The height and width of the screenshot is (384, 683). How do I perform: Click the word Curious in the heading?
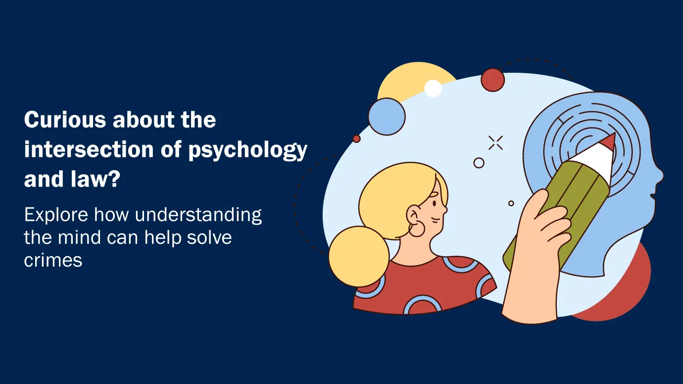point(65,119)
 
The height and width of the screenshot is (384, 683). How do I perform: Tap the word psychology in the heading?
point(247,150)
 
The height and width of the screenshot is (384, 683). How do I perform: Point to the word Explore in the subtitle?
point(56,215)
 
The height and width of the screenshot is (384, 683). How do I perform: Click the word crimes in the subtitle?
point(53,261)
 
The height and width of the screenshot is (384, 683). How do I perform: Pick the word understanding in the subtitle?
point(198,215)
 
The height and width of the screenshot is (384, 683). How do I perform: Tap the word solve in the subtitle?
point(209,237)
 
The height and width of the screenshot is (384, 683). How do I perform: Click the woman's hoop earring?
point(417,229)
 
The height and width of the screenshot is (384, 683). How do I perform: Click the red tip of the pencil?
point(608,142)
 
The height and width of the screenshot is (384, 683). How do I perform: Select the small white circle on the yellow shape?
point(433,89)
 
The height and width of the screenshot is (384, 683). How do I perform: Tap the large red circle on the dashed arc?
point(493,80)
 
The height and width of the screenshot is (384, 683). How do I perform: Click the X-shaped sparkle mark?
point(495,143)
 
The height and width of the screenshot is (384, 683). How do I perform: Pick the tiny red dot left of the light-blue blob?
point(356,139)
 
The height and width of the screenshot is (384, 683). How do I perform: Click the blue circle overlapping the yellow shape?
point(387,116)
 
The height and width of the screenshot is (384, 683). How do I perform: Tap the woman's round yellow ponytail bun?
point(359,256)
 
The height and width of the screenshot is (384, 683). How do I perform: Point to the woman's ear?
point(413,215)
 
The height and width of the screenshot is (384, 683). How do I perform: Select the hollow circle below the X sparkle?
point(479,163)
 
